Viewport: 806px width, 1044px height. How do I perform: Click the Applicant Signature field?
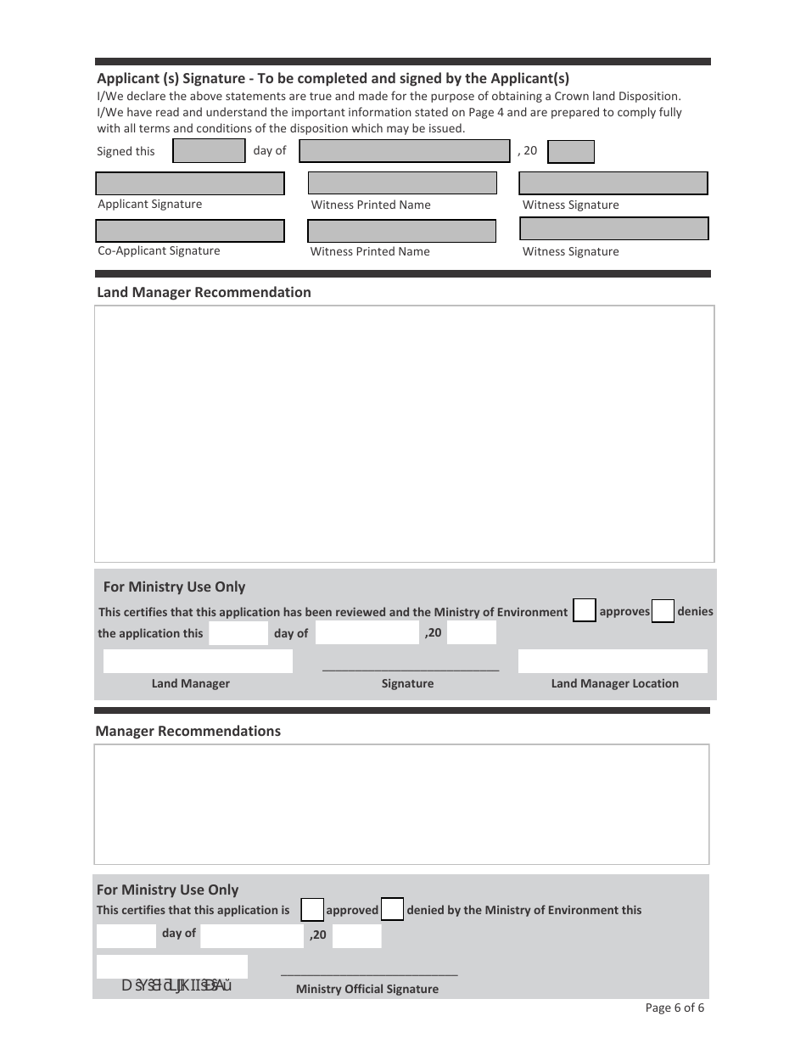click(x=190, y=184)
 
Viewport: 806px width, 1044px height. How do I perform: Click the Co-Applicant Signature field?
click(x=190, y=231)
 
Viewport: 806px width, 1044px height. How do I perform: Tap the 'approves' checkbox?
click(x=585, y=611)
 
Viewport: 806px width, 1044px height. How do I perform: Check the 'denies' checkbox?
click(x=663, y=611)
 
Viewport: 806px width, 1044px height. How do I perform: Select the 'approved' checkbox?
click(x=313, y=910)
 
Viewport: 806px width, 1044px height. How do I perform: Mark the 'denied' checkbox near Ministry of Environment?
click(x=392, y=910)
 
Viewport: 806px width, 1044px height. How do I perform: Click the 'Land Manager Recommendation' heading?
click(x=204, y=292)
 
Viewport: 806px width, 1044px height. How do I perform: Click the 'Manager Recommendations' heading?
click(x=188, y=731)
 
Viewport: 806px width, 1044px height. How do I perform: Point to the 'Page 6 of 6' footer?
click(x=674, y=1008)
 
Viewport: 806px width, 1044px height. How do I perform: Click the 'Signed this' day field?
click(x=209, y=151)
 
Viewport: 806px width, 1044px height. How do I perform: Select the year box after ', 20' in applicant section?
click(x=571, y=152)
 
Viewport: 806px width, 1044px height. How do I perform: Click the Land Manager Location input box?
click(x=613, y=661)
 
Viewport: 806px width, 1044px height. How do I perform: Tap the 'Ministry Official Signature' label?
click(x=367, y=989)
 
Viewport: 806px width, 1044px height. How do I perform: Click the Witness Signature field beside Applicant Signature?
click(x=613, y=183)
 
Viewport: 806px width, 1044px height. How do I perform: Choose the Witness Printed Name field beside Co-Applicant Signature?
click(x=401, y=231)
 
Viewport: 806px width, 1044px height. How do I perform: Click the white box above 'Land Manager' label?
click(x=198, y=661)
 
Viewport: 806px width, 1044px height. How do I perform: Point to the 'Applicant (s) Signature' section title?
click(x=333, y=78)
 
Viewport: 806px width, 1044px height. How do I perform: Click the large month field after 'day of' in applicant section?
click(x=405, y=151)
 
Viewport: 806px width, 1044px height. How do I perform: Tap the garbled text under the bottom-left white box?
click(x=177, y=985)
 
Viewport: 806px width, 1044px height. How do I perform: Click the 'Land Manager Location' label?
click(x=615, y=683)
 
